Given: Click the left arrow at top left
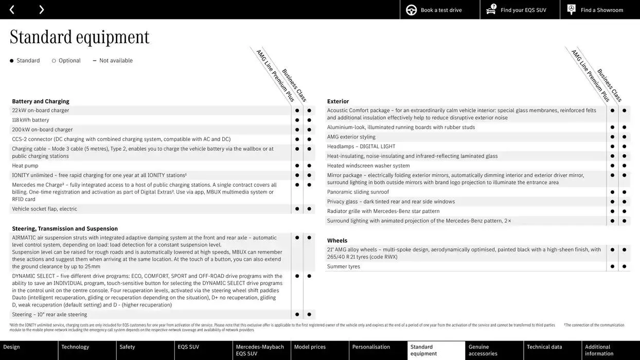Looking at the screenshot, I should click(x=12, y=10).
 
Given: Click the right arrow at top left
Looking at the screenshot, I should click(x=42, y=10).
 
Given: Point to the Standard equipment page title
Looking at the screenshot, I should click(x=79, y=37).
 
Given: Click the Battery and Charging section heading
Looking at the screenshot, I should click(x=41, y=101).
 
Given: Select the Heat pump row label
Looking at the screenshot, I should click(x=25, y=166).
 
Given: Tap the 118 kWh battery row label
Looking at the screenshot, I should click(x=30, y=120).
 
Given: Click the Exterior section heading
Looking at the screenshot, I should click(x=338, y=101).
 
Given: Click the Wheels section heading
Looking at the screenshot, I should click(x=337, y=241).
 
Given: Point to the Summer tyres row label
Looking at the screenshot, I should click(x=344, y=266).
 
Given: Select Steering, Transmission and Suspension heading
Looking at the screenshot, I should click(x=65, y=229).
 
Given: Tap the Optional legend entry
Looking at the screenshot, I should click(x=69, y=61).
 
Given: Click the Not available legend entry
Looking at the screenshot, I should click(x=115, y=61).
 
